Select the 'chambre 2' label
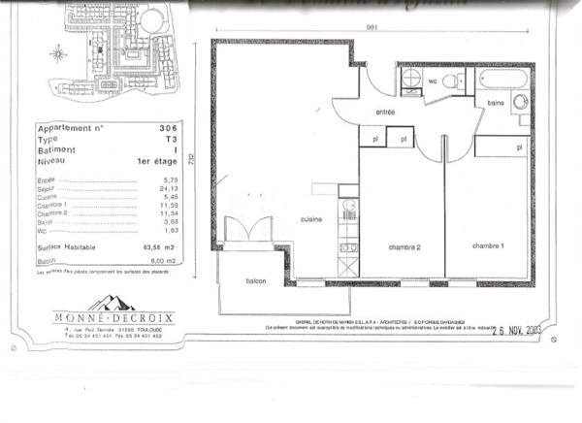click(404, 246)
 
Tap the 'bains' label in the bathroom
click(494, 103)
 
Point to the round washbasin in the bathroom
click(520, 102)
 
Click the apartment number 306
click(168, 128)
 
